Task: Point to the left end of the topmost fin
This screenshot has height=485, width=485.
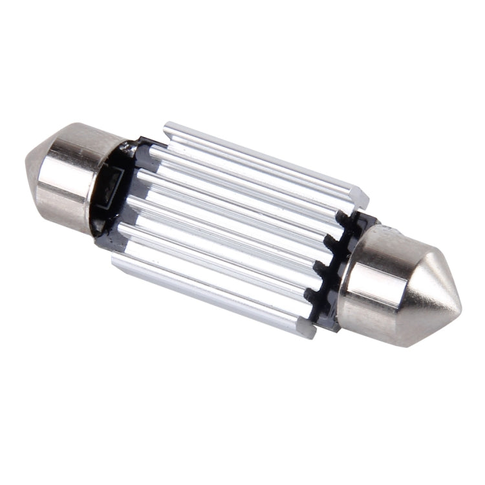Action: point(167,129)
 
